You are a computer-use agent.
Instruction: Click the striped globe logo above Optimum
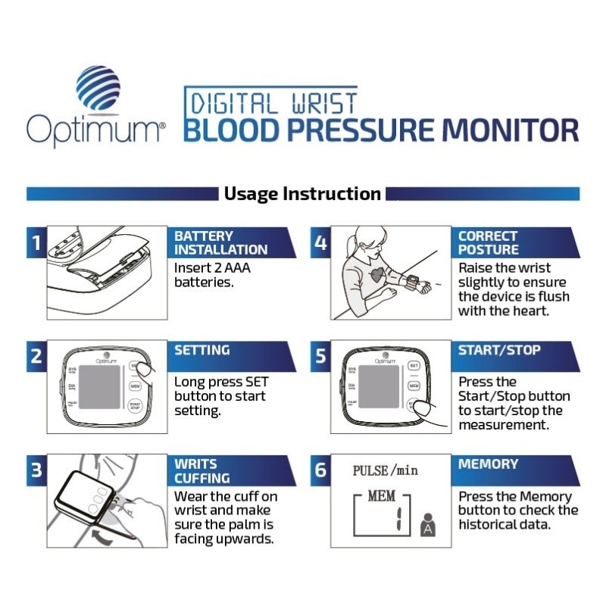point(98,88)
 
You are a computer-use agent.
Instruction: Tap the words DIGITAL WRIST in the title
point(270,102)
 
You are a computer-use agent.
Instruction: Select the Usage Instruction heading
point(302,194)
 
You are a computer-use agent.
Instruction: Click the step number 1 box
point(36,243)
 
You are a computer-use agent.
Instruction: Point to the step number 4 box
point(320,243)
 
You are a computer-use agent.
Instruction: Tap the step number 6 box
point(320,470)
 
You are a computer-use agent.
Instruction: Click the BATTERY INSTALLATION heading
point(220,242)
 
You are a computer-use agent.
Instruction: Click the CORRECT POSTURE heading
point(489,242)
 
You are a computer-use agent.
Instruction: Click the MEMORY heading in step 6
point(489,464)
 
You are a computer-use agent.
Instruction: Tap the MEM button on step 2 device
point(136,386)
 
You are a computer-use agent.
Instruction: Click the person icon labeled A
point(428,525)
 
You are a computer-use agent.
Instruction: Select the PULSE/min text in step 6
point(385,470)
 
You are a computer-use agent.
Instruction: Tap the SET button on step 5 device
point(414,365)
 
